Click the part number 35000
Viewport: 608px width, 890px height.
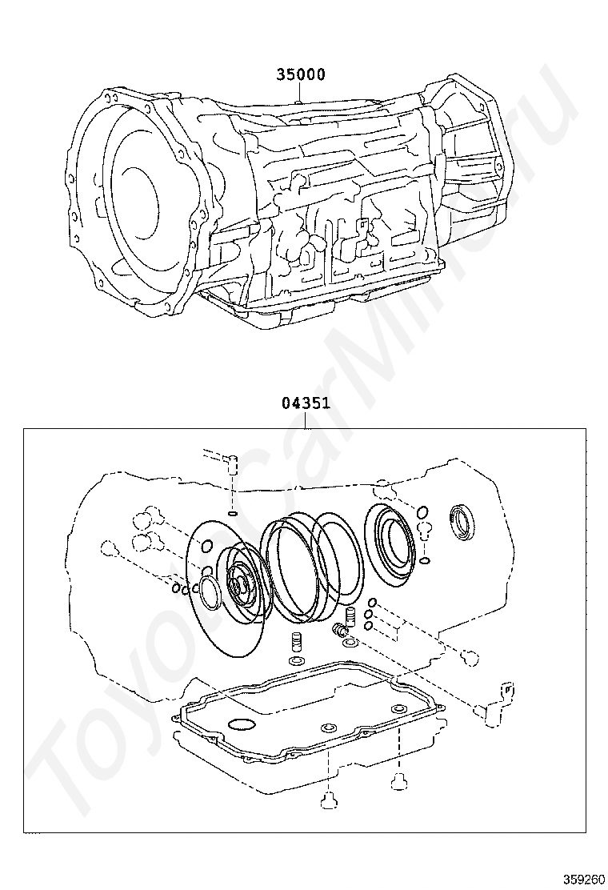[x=300, y=74]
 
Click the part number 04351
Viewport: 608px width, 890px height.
[x=306, y=403]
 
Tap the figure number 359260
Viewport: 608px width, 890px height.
[x=583, y=878]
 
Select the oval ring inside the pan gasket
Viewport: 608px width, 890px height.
[x=241, y=725]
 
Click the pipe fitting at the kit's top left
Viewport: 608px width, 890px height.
[x=231, y=463]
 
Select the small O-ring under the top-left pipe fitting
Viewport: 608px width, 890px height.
[x=232, y=513]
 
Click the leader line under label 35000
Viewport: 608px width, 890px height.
[x=297, y=92]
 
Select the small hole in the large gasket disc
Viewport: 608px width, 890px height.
[x=206, y=547]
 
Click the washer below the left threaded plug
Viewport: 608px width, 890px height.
[x=295, y=661]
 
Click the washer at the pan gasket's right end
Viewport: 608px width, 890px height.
[x=398, y=708]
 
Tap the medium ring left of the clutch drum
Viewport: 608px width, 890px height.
[x=210, y=594]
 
